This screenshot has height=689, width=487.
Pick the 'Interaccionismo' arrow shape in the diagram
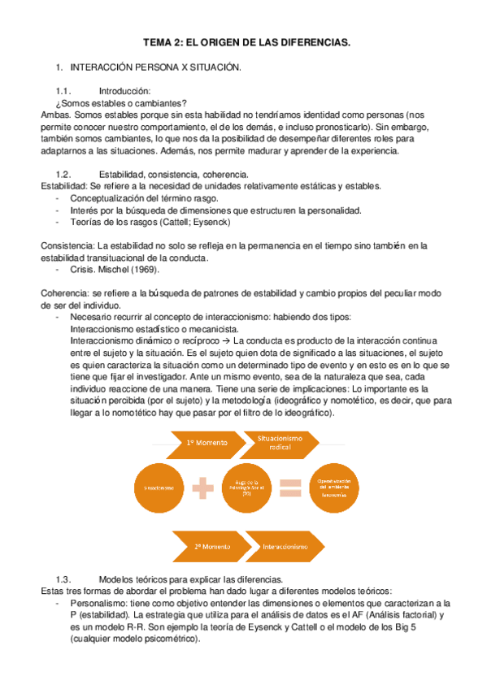point(285,547)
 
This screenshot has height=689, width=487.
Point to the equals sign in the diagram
point(289,487)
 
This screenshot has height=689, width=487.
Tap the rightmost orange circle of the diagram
point(334,487)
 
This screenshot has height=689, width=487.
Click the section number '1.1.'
point(64,91)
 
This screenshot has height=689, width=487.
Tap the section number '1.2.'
point(64,174)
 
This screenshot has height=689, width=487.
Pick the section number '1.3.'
point(64,578)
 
